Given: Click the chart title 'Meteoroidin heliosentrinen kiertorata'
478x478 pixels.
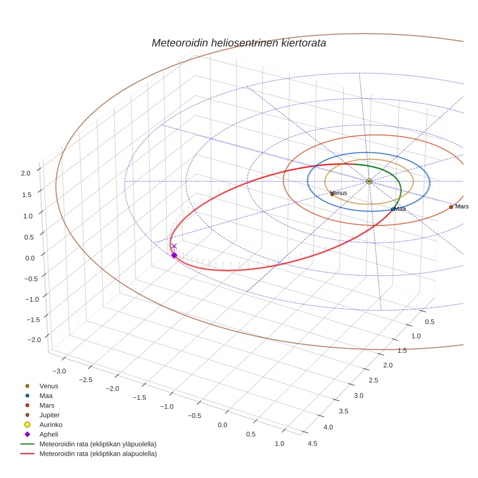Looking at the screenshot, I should point(239,43).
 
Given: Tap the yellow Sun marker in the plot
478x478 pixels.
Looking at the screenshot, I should point(369,181).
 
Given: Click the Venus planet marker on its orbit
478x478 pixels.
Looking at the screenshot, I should point(332,194).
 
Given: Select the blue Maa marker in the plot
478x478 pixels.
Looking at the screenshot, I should point(393,209).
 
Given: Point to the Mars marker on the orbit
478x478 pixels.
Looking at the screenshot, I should point(451,207).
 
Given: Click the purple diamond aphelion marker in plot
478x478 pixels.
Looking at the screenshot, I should point(174,255).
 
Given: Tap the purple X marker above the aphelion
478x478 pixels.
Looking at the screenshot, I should point(174,246).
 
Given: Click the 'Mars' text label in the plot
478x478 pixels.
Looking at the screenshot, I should point(462,206).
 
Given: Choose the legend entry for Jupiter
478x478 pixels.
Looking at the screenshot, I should point(49,415).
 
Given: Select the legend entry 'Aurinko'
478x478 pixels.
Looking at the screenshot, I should point(51,425).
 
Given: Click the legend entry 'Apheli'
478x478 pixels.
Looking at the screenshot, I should point(49,434).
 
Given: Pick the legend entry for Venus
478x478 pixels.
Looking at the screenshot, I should point(49,386).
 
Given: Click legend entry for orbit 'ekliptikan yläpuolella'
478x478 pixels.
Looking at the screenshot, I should point(98,444).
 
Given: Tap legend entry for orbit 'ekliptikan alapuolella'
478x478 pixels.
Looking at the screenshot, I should point(98,454).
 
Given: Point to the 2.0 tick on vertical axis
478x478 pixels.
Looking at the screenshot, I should point(25,172).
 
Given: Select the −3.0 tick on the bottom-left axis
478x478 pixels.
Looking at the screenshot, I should point(59,371).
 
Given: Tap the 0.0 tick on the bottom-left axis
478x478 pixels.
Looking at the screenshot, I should point(222,425).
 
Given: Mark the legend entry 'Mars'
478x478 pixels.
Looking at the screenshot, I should point(47,405).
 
